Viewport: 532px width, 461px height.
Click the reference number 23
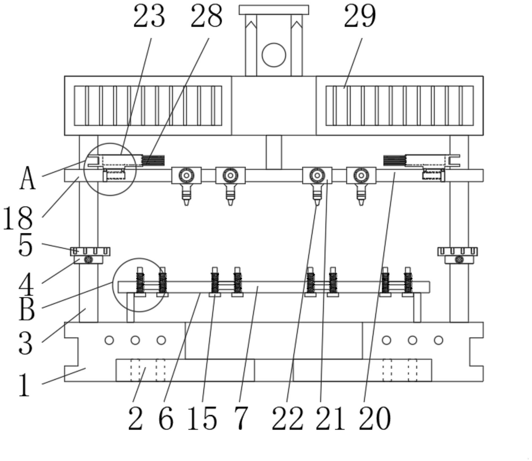coord(149,16)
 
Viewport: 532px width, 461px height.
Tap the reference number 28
coord(207,16)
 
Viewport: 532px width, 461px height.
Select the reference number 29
coord(360,16)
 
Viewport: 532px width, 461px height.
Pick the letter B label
coord(27,309)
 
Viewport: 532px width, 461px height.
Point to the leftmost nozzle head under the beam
coord(186,195)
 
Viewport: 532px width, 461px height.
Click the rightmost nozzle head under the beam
coord(361,195)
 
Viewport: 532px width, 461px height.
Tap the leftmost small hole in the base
coord(109,340)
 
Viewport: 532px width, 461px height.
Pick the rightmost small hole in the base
coord(438,340)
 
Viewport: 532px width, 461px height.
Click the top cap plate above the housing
coord(274,10)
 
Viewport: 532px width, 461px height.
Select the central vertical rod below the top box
coord(274,152)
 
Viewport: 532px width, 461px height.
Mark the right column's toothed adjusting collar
coord(457,251)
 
